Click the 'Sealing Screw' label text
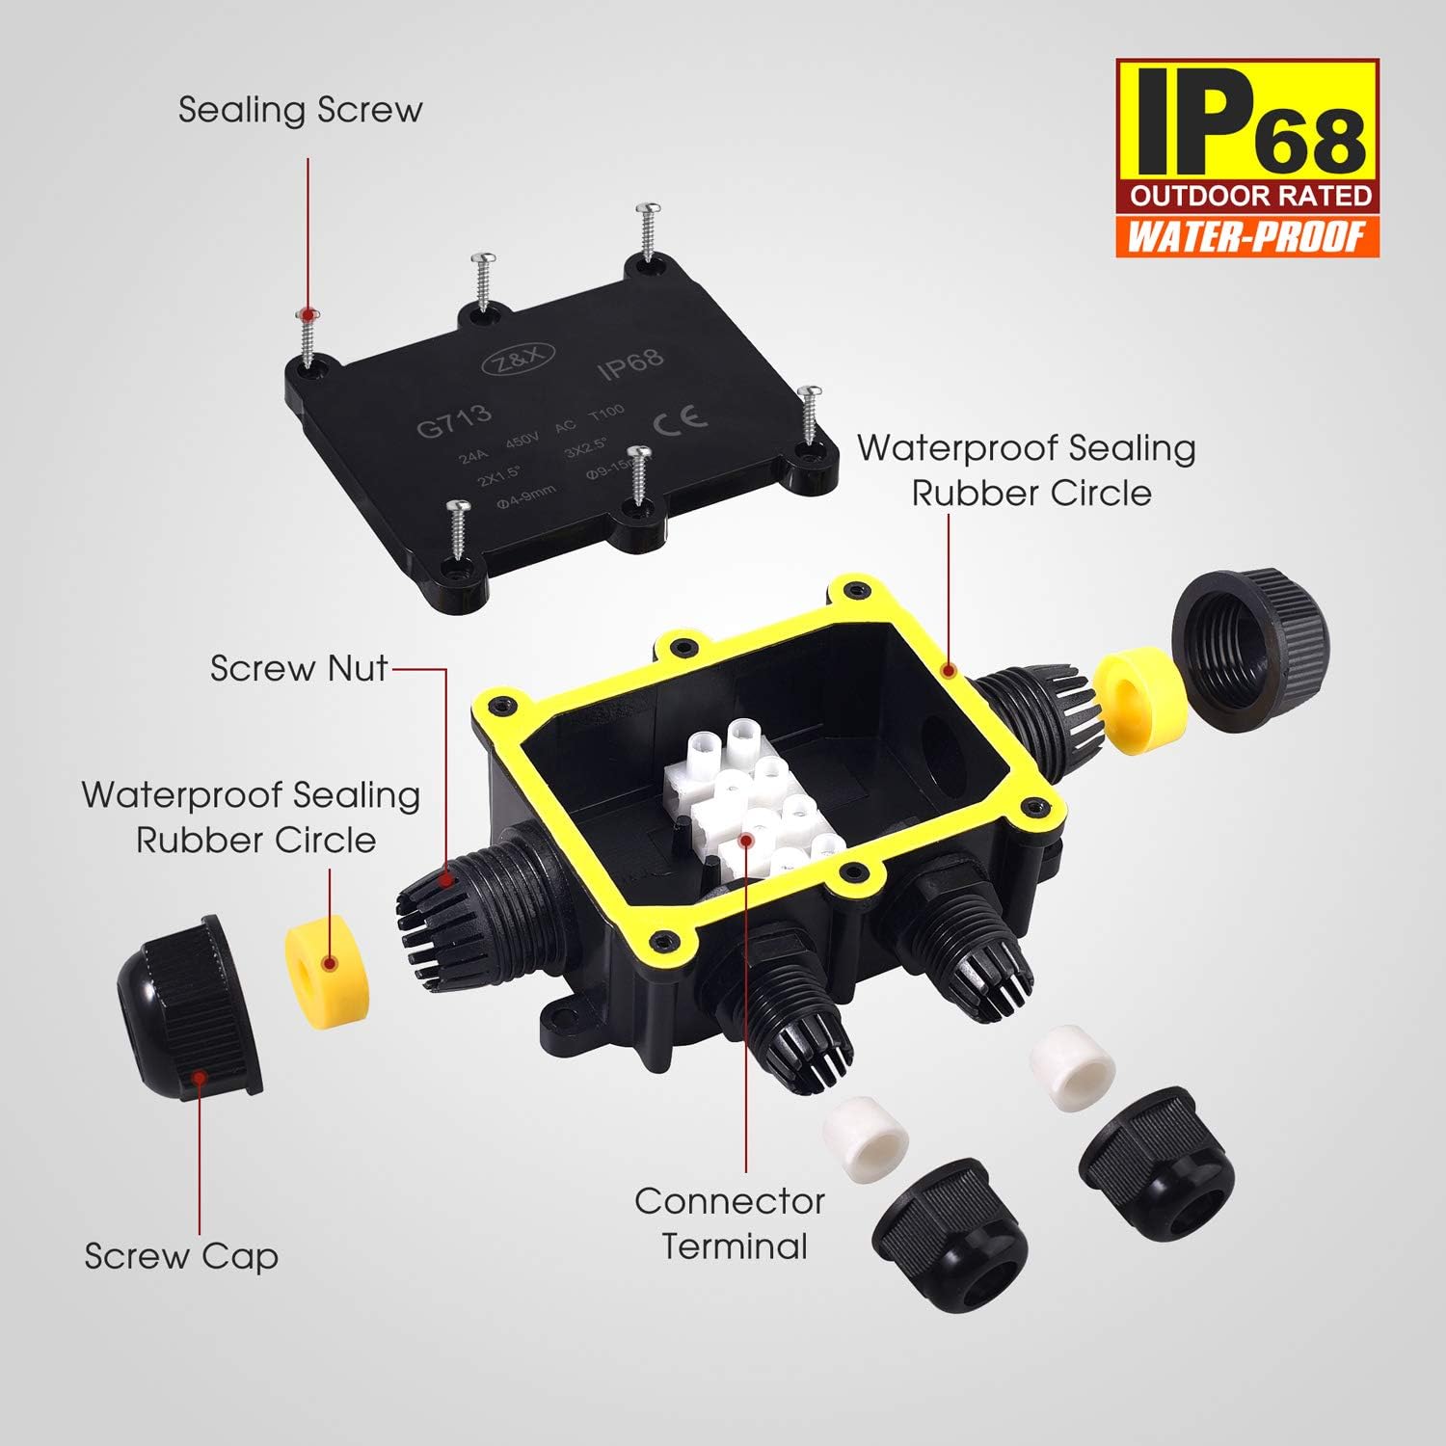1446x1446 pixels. pos(300,111)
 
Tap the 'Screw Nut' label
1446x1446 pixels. pos(299,668)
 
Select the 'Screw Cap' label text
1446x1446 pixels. pos(181,1256)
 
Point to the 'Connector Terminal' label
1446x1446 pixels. pos(731,1223)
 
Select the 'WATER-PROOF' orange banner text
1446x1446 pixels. pos(1247,236)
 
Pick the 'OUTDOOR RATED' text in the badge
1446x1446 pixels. pos(1250,196)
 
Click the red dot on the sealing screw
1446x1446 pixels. pos(307,315)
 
